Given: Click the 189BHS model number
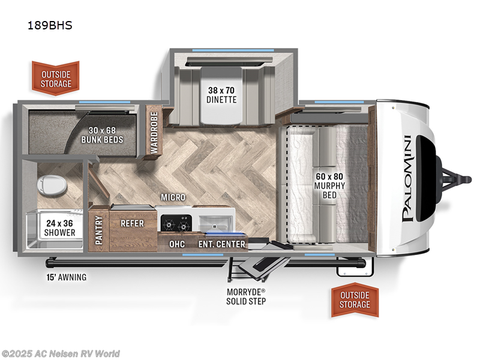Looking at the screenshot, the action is click(50, 25).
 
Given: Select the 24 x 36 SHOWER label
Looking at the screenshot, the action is click(59, 228).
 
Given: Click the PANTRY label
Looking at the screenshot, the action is click(98, 230).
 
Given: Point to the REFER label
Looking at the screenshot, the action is click(132, 223).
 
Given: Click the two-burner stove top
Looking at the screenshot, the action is click(176, 223).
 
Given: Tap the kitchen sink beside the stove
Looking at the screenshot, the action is click(215, 223).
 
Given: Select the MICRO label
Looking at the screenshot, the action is click(173, 197).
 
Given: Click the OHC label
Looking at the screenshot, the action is click(177, 244).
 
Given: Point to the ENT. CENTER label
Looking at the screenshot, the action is click(222, 244).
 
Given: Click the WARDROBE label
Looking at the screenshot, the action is click(154, 133).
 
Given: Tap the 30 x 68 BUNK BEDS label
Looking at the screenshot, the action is click(102, 135).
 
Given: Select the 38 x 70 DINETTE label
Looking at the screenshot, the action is click(221, 95).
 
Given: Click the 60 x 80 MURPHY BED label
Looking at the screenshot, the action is click(329, 185).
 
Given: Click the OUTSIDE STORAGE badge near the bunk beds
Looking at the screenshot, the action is click(56, 79).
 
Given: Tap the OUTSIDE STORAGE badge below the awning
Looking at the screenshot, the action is click(355, 299).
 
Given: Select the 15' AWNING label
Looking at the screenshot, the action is click(67, 277).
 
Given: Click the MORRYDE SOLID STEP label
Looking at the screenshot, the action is click(246, 296).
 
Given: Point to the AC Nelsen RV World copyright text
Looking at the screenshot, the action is click(60, 354).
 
